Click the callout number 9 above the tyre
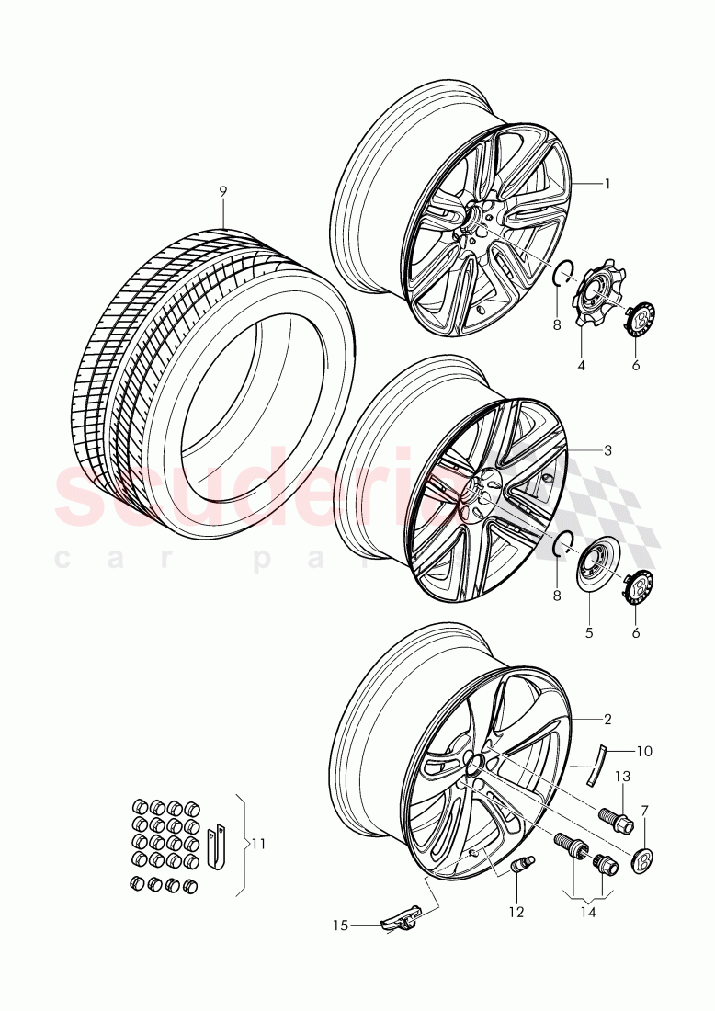[x=223, y=191]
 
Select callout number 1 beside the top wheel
[x=607, y=183]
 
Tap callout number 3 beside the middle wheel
[x=607, y=450]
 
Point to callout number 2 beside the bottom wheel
[x=607, y=718]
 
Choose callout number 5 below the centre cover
[x=589, y=632]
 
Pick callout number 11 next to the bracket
[x=258, y=843]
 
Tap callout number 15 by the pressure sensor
[x=342, y=926]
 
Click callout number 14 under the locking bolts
[x=587, y=912]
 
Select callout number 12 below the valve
[x=516, y=912]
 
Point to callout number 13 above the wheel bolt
[x=622, y=777]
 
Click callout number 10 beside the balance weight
[x=644, y=751]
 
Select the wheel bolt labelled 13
[x=615, y=817]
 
